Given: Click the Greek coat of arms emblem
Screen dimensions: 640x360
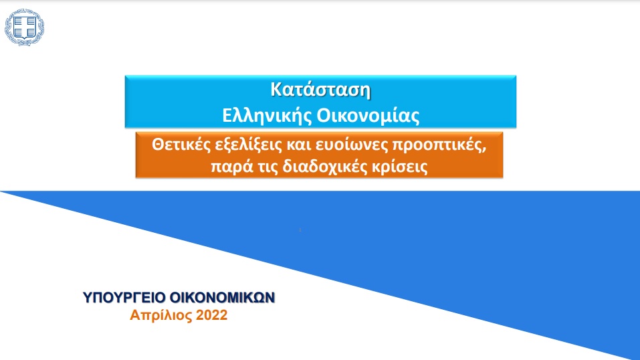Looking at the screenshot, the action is click(x=25, y=27).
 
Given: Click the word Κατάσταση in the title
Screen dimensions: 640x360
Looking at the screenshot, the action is click(x=320, y=90).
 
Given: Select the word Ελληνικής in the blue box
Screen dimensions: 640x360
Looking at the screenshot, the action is click(x=267, y=116).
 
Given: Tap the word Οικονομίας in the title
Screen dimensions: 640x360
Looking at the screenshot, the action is click(x=368, y=116).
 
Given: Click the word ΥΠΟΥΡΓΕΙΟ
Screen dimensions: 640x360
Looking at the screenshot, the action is click(x=124, y=298).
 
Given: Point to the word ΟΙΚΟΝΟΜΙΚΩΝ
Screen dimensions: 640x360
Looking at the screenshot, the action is click(x=222, y=298).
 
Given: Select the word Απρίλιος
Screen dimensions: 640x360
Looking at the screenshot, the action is click(x=161, y=315).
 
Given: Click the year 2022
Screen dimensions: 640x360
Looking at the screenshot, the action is click(x=211, y=315).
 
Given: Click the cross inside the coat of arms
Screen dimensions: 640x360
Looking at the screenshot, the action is click(x=25, y=27).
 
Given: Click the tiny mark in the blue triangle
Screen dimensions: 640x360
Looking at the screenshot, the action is click(x=300, y=230).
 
